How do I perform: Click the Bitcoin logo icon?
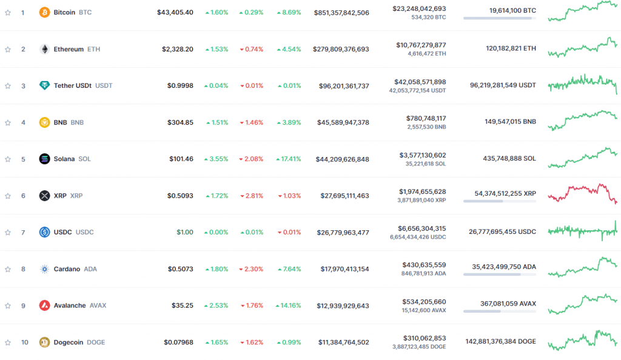(x=44, y=12)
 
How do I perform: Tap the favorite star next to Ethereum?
(x=8, y=49)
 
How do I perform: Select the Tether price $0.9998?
(x=180, y=85)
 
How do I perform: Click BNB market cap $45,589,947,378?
(x=343, y=122)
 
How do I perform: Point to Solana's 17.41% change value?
(x=288, y=159)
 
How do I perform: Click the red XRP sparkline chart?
(x=582, y=193)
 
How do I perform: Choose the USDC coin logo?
(x=44, y=232)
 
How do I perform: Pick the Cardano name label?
(x=67, y=269)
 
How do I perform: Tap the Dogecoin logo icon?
(x=44, y=342)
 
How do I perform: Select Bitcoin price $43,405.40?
(x=175, y=12)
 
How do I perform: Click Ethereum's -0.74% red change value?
(x=252, y=49)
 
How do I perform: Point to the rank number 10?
(x=24, y=342)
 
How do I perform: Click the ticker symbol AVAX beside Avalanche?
(x=98, y=305)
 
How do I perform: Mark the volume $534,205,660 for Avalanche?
(x=424, y=301)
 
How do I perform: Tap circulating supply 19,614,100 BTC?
(x=512, y=10)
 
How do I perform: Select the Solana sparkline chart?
(x=582, y=158)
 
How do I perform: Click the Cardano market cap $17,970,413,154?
(x=343, y=269)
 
